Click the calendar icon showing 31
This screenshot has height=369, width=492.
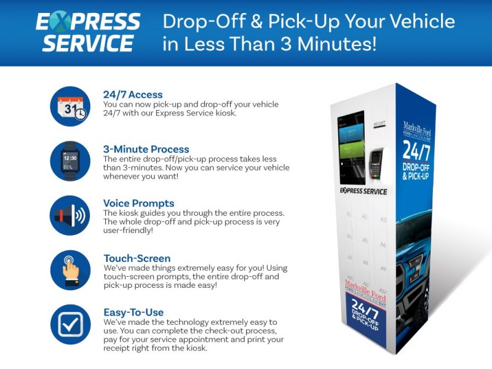70,106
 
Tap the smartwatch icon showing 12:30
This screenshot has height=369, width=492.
70,161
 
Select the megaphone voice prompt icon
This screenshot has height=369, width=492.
70,216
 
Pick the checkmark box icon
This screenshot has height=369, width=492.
70,325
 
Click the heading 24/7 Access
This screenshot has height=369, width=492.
133,95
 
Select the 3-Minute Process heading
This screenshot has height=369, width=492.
146,149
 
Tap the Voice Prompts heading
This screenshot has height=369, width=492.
138,204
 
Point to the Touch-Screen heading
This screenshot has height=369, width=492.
137,258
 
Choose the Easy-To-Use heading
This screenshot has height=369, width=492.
133,312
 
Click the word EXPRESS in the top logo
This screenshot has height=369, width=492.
88,23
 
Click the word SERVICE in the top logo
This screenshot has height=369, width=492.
88,44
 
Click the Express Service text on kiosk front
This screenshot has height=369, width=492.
363,191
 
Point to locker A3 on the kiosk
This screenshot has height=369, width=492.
383,220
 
